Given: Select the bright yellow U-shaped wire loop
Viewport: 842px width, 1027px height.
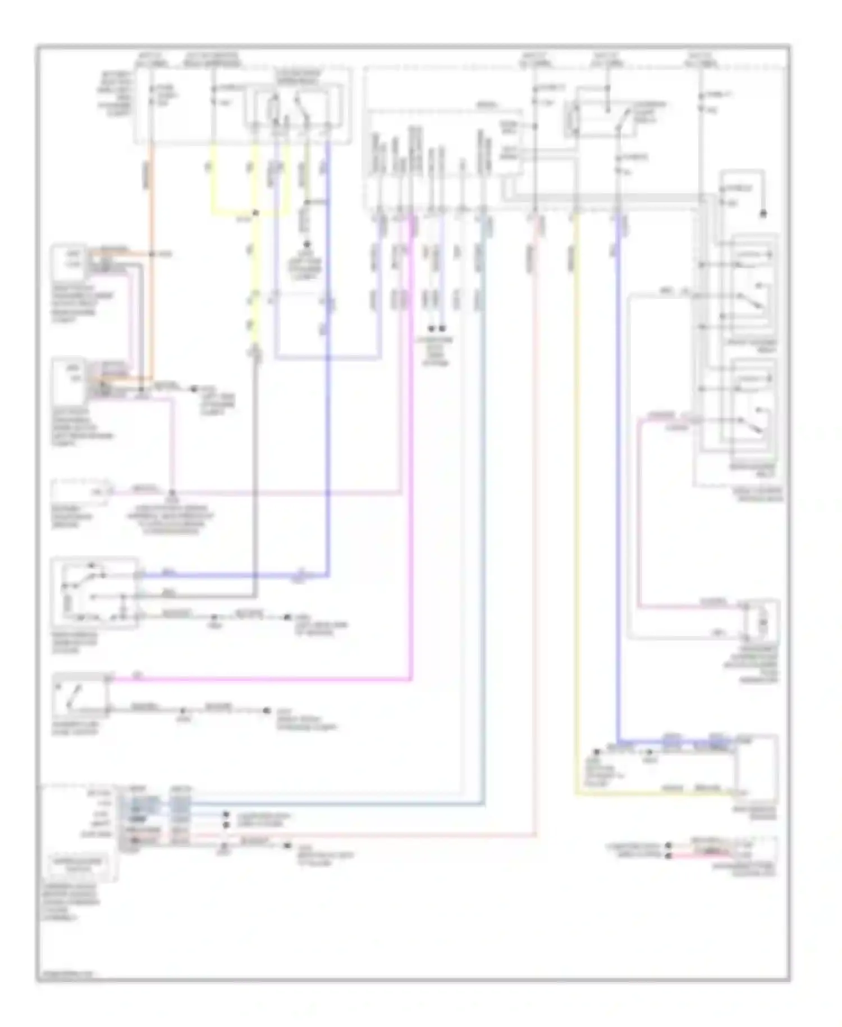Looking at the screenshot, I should [233, 213].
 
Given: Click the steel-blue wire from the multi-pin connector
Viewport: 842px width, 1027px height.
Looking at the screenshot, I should [483, 506].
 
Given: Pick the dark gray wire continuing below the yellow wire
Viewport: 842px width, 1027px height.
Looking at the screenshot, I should [256, 478].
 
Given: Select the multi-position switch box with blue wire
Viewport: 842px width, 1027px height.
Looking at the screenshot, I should [94, 593].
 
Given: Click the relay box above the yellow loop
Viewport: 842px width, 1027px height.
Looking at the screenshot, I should [298, 106].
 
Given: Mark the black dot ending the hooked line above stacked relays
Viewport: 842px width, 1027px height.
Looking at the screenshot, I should [763, 214].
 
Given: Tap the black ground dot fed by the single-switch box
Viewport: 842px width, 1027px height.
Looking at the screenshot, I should [267, 711].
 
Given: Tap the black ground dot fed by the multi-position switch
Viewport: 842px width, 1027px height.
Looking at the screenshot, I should [287, 617].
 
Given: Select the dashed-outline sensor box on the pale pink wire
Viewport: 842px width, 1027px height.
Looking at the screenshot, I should [83, 491].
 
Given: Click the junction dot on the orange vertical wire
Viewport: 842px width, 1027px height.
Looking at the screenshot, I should [150, 255].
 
